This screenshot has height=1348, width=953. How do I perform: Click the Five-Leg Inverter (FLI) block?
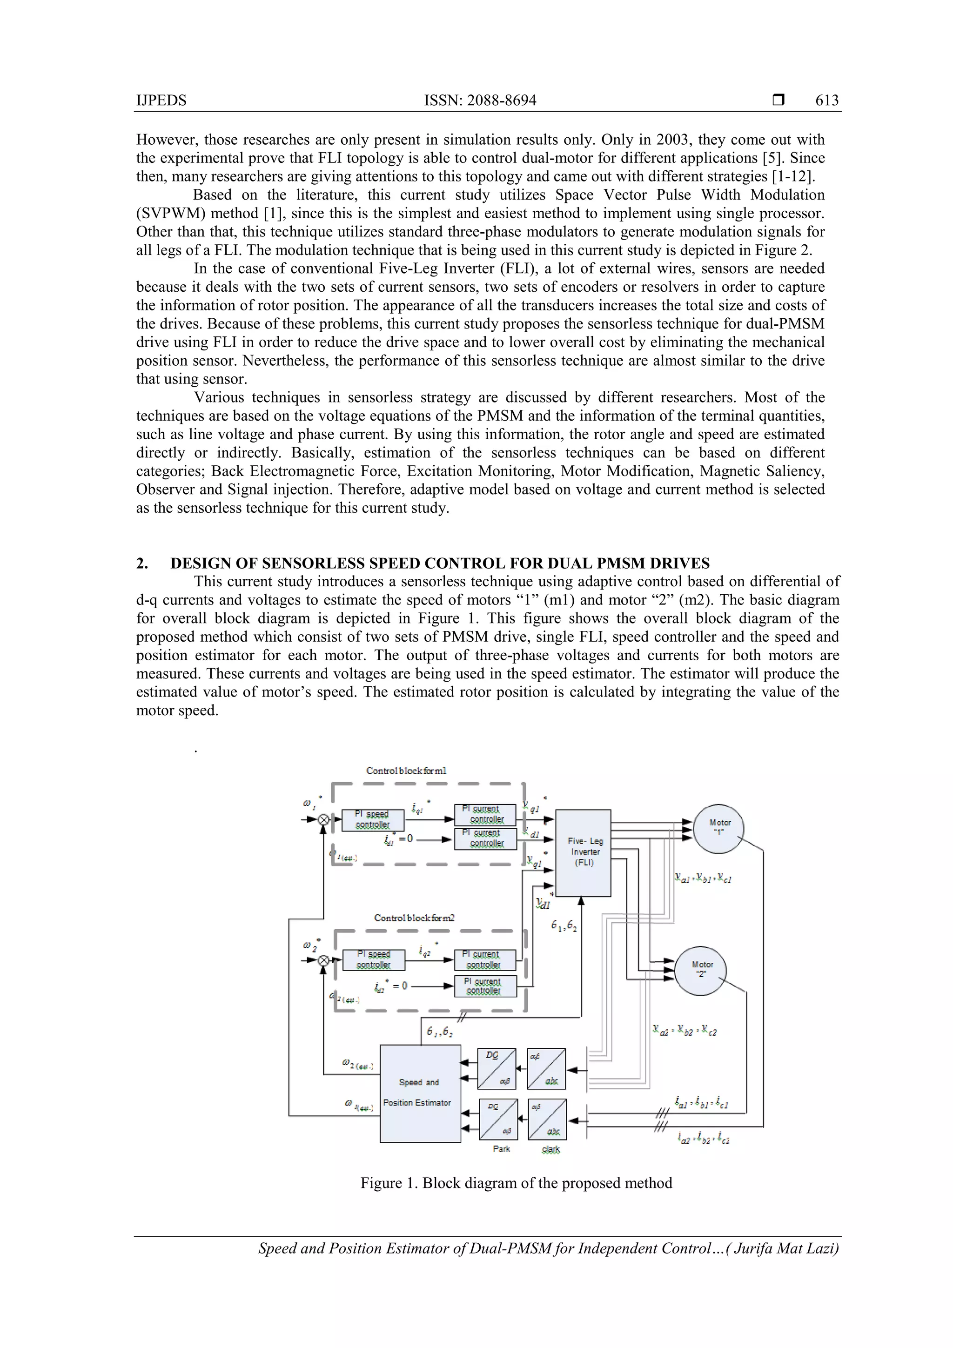coord(583,852)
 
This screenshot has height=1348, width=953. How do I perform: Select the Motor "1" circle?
coord(719,828)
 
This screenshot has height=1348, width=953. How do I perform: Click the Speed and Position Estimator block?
coord(420,1093)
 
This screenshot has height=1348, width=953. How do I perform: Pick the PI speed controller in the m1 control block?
coord(373,819)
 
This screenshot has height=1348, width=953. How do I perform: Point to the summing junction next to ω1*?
coord(323,819)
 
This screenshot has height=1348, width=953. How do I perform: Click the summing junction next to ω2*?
coord(323,960)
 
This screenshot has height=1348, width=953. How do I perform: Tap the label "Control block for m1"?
coord(406,770)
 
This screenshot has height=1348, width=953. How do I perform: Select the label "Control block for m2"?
coord(414,918)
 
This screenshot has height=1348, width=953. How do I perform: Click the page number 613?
coord(827,101)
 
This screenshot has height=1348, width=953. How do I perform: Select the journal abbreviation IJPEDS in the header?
coord(161,101)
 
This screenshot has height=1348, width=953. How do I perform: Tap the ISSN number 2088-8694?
coord(502,101)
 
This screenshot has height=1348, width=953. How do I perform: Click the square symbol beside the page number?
coord(778,100)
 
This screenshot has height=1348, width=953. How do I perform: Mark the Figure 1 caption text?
coord(516,1182)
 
